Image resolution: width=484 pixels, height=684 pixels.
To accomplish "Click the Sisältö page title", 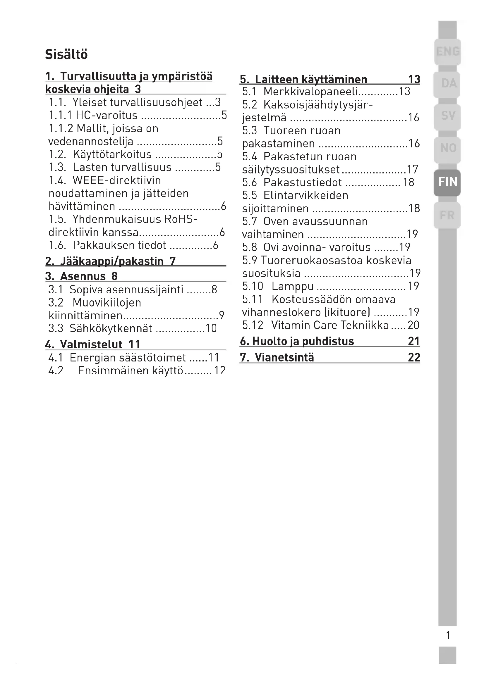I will tap(66, 54).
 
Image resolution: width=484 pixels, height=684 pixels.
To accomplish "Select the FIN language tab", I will tap(447, 181).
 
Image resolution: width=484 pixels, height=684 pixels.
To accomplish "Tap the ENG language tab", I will tap(448, 51).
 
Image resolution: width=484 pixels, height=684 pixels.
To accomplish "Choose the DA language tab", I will tap(448, 84).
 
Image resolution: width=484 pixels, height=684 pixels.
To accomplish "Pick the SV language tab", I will tap(448, 116).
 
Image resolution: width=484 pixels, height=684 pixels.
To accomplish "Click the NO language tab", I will tap(448, 148).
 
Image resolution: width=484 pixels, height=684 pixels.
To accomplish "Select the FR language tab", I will tap(447, 215).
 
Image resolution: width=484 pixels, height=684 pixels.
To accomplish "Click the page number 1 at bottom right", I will tap(448, 635).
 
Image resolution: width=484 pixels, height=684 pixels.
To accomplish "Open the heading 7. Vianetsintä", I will tap(277, 357).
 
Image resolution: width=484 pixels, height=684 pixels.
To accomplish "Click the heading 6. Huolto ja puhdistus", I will tap(297, 341).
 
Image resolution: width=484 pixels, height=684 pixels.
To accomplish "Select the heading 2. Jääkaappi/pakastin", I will tap(111, 261).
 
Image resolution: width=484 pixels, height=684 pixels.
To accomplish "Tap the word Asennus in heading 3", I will tap(83, 276).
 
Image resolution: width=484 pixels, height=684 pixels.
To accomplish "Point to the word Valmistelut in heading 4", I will tap(91, 345).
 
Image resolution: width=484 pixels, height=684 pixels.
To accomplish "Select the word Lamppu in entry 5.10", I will tap(292, 286).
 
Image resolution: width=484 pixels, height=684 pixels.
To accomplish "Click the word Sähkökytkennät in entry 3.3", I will tap(111, 329).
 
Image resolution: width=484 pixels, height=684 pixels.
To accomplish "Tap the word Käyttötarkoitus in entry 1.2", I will tap(112, 154).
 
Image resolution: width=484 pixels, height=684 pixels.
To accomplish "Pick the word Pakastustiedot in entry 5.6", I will tap(303, 182).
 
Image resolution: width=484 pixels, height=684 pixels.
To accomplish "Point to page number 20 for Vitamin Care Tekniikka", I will tap(413, 325).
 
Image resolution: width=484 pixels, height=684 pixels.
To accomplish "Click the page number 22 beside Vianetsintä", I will tap(414, 357).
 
